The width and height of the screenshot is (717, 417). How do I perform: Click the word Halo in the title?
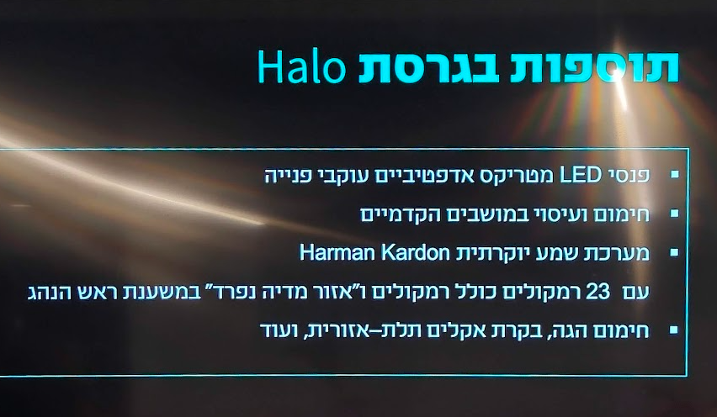click(x=302, y=66)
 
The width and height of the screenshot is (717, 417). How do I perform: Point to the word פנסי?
click(x=628, y=176)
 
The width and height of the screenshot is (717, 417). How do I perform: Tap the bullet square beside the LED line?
click(x=674, y=175)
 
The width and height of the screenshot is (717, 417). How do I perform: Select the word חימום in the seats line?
click(x=624, y=214)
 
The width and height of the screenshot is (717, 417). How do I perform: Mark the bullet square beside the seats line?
click(x=674, y=214)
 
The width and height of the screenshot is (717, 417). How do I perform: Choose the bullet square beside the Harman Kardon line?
click(x=674, y=252)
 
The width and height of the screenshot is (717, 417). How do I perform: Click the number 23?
click(x=597, y=292)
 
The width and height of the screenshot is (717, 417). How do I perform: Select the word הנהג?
click(x=45, y=293)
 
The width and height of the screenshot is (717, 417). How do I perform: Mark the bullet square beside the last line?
click(x=674, y=330)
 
